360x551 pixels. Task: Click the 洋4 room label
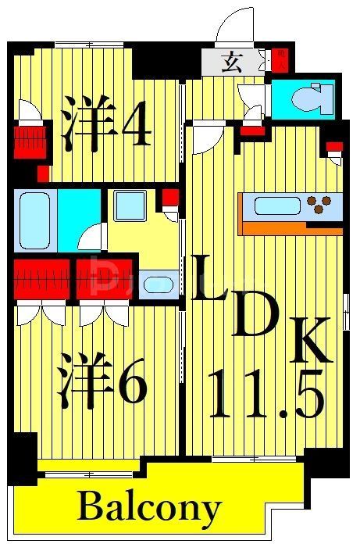(x=106, y=123)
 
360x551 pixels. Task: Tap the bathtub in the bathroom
(x=34, y=220)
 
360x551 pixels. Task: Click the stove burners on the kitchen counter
(x=319, y=206)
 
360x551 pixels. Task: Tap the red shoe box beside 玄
(x=279, y=60)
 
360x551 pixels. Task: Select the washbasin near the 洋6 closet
(x=162, y=282)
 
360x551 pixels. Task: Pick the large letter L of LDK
(x=209, y=279)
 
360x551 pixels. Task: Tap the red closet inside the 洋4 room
(x=27, y=141)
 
